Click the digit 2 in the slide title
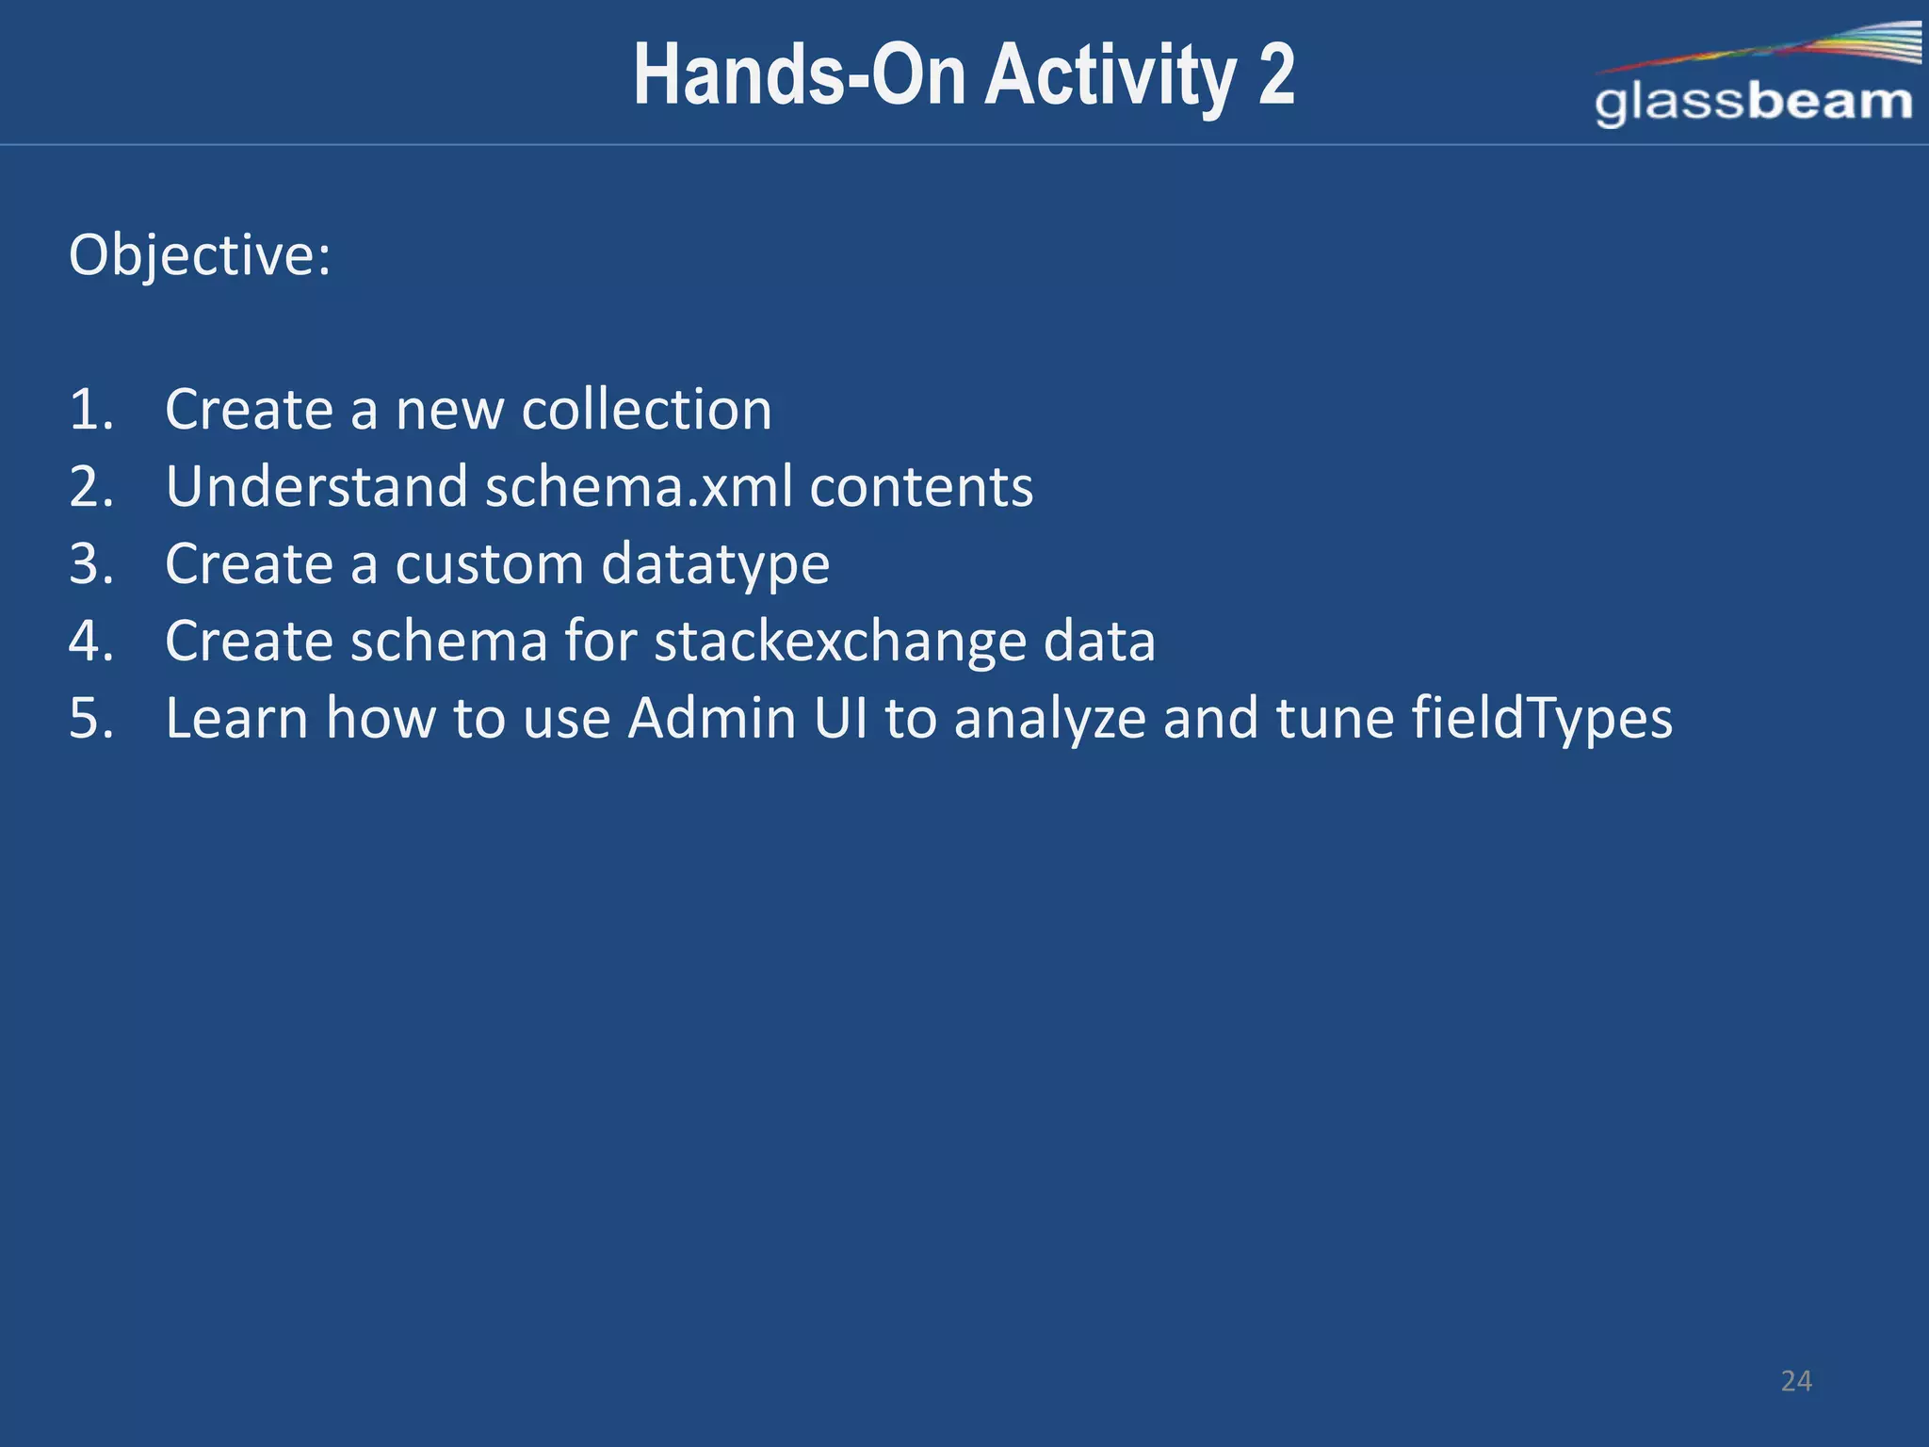click(x=1275, y=75)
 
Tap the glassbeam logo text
click(x=1753, y=102)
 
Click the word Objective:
click(x=200, y=255)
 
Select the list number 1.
click(x=90, y=410)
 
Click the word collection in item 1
click(x=646, y=410)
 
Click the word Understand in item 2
click(x=316, y=487)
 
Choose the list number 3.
click(x=90, y=564)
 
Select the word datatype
click(x=715, y=564)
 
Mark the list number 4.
click(x=90, y=642)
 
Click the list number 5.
click(x=90, y=719)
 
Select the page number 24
click(x=1796, y=1381)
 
